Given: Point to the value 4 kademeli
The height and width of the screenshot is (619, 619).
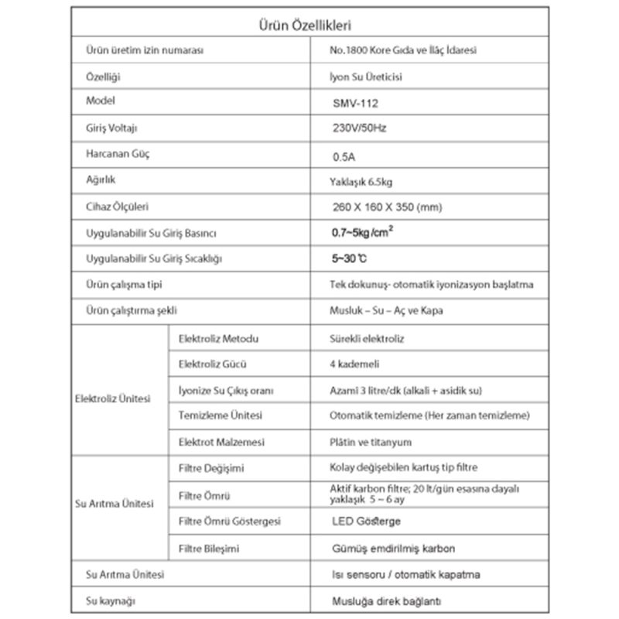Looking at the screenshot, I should (354, 364).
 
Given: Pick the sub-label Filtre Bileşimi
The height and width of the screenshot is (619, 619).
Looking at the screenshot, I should (208, 549).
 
